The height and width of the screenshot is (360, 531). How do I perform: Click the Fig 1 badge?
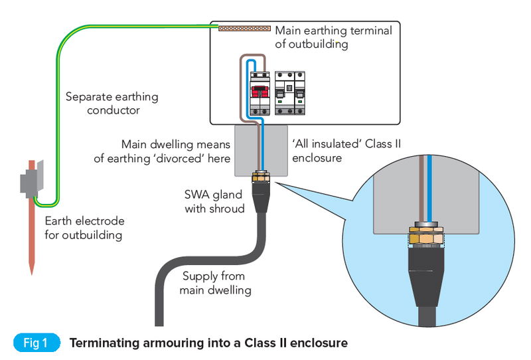click(x=36, y=343)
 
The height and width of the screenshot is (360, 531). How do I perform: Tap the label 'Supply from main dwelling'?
click(x=214, y=283)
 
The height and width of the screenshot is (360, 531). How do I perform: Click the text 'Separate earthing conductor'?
click(x=112, y=104)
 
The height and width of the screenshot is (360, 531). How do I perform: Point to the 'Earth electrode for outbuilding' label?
click(x=84, y=228)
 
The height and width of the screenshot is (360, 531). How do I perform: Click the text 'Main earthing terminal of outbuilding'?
click(x=333, y=37)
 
